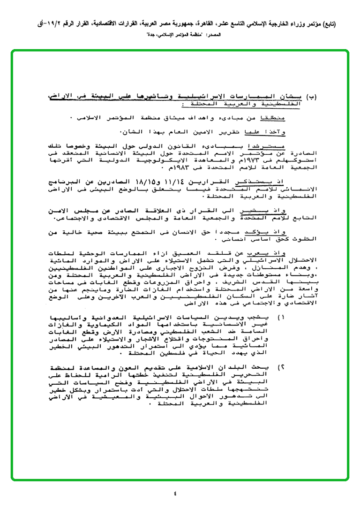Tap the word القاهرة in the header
point(210,24)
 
